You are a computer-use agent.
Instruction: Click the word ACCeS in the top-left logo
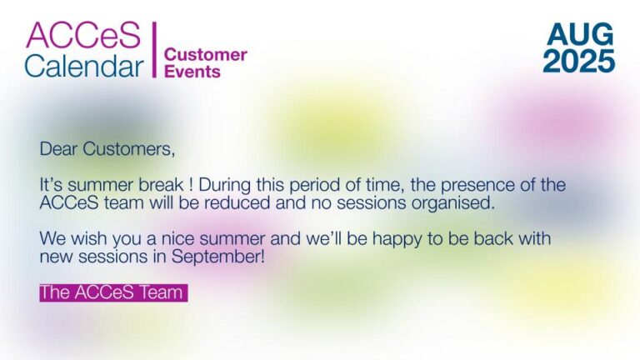pos(83,36)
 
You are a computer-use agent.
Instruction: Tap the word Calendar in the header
pos(84,65)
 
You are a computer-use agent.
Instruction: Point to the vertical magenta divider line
pos(155,49)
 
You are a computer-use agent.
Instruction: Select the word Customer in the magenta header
pos(205,55)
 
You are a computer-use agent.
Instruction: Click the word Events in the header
pos(192,72)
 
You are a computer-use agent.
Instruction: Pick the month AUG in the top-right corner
pos(580,34)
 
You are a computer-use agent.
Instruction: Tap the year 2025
pos(579,61)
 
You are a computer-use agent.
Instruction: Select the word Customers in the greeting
pos(129,149)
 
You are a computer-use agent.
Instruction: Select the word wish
pos(88,238)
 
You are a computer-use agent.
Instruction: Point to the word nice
pos(176,239)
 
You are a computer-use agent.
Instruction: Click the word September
pos(218,257)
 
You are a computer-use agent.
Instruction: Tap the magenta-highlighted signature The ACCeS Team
pos(113,292)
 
